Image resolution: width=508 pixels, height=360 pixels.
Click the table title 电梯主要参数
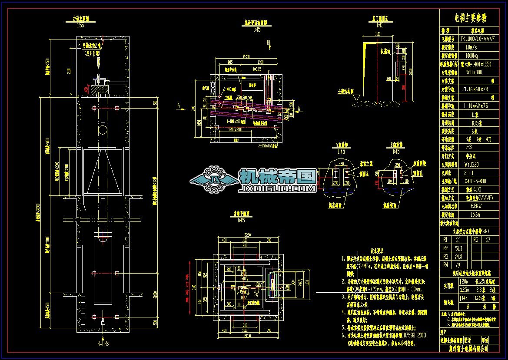[x=470, y=18]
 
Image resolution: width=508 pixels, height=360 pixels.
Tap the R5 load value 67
[x=488, y=239]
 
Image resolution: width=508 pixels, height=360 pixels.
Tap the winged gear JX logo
[x=213, y=178]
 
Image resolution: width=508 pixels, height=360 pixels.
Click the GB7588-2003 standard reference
[x=411, y=335]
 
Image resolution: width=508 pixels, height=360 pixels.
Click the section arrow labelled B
[x=269, y=43]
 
